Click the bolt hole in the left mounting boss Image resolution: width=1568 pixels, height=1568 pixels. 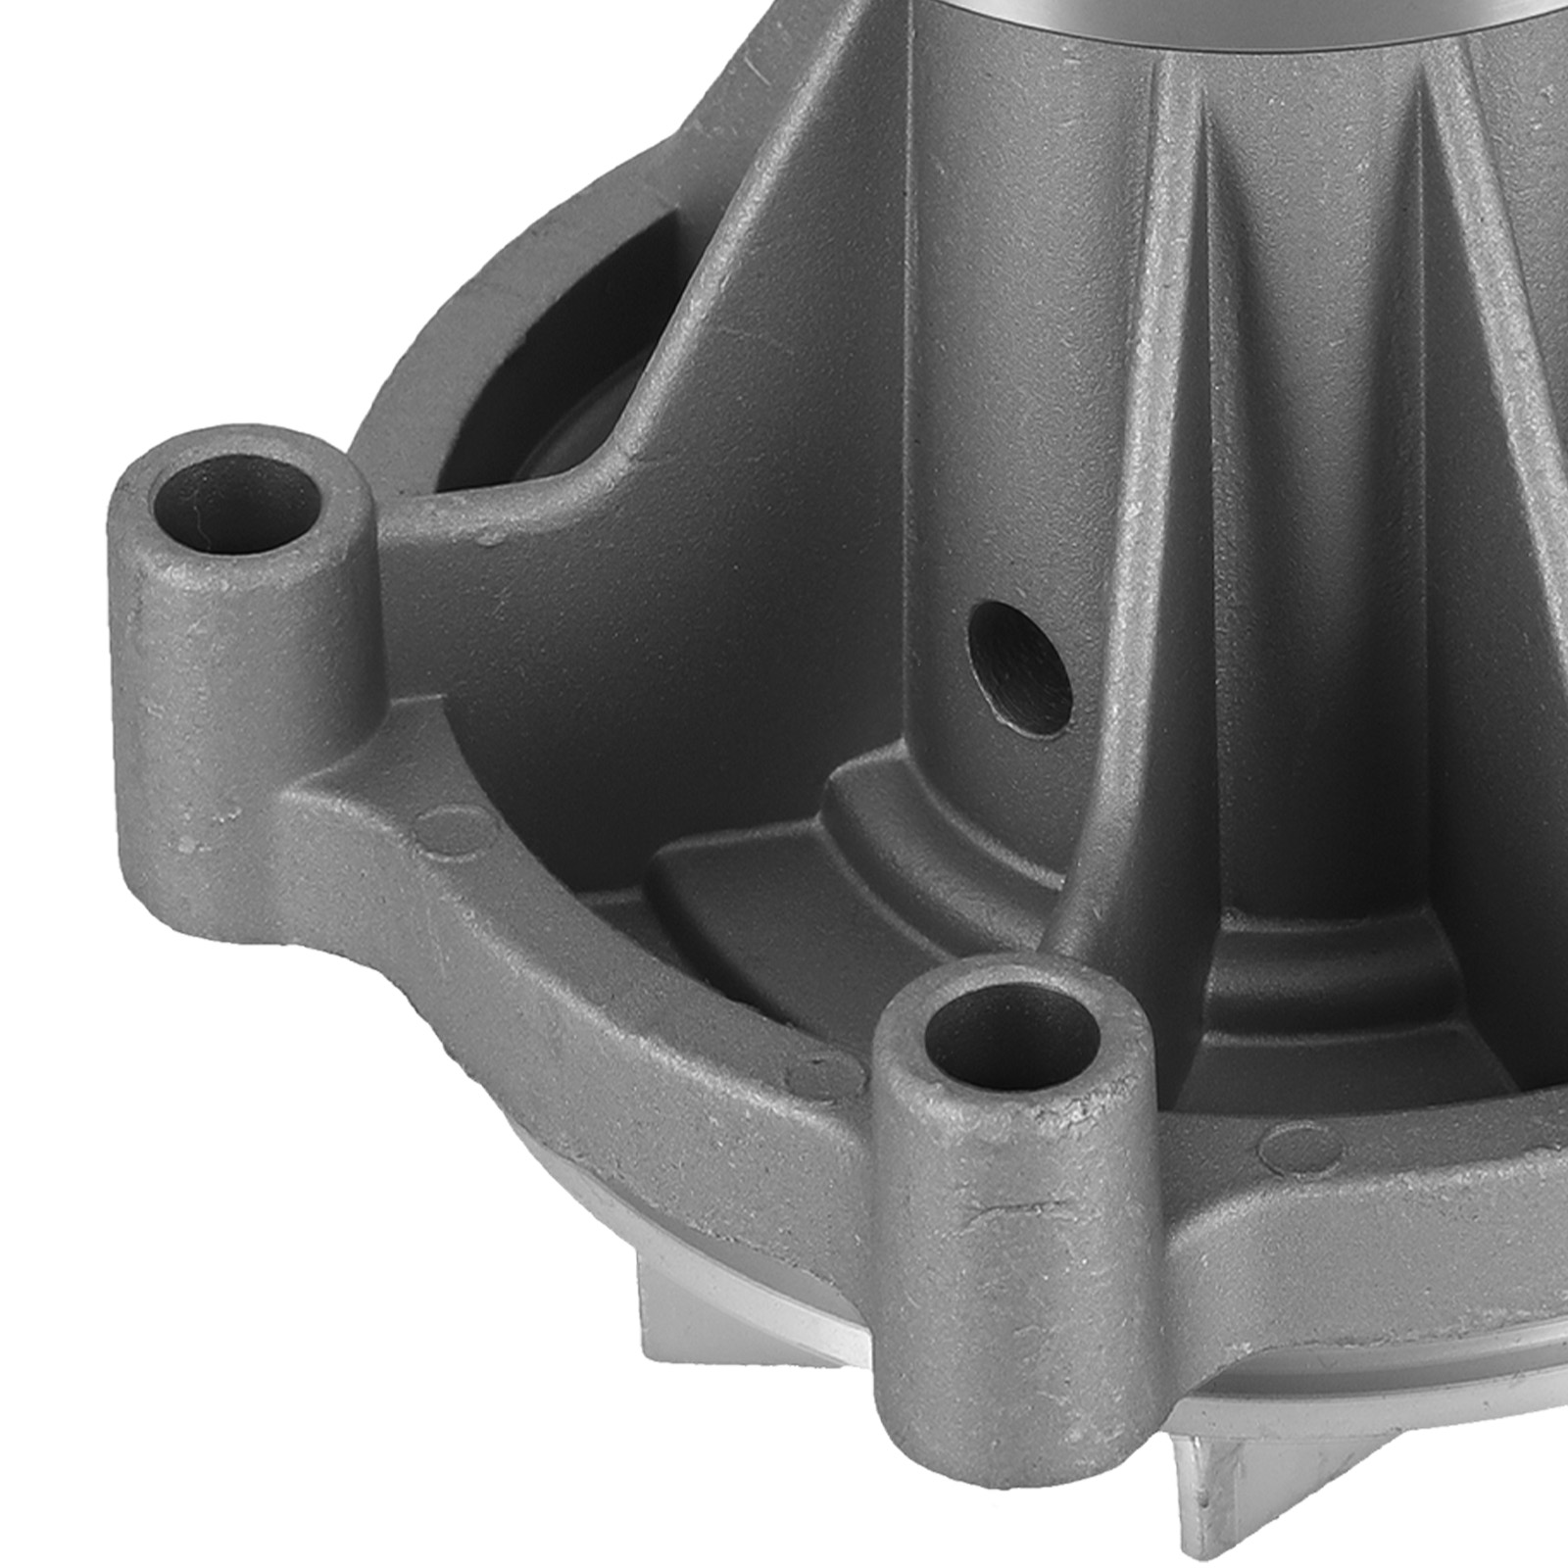[235, 507]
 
